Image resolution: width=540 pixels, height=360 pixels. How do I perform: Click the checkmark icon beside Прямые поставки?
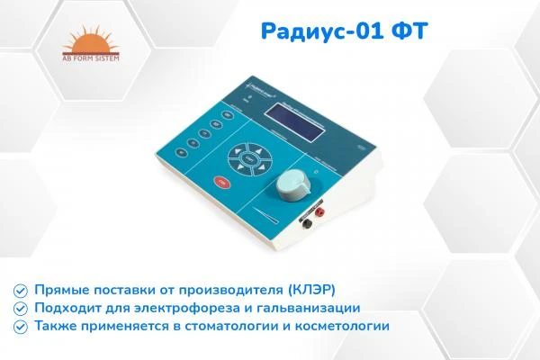coord(20,290)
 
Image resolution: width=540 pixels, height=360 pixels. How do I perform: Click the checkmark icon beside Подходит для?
coord(20,308)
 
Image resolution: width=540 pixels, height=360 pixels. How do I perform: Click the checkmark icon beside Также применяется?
coord(20,326)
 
